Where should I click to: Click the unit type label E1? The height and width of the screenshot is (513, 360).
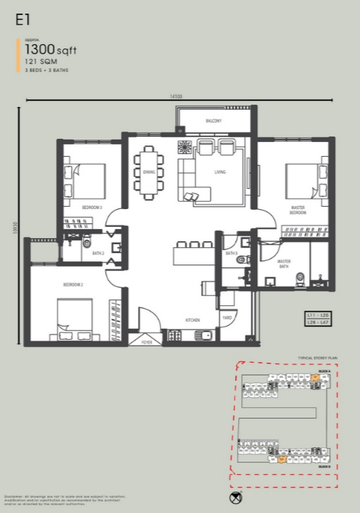pos(22,22)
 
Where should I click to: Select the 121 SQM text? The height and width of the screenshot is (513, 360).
pos(40,62)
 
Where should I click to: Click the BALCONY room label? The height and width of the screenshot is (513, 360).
pos(214,120)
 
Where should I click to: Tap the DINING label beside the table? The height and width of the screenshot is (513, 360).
pos(148,172)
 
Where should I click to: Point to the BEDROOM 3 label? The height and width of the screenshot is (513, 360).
pos(92,206)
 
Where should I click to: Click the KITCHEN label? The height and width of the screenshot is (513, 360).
pos(193,320)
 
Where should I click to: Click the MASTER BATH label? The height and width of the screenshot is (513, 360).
pos(284,264)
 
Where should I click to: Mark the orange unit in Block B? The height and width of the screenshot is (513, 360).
pos(282,459)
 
